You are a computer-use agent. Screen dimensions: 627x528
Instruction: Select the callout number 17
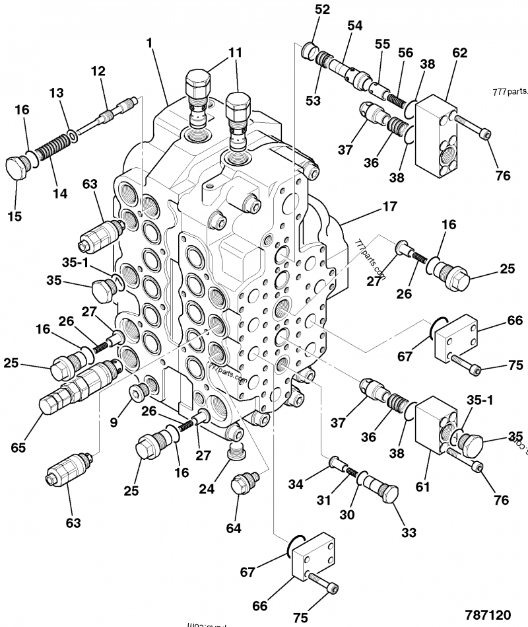(389, 207)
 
